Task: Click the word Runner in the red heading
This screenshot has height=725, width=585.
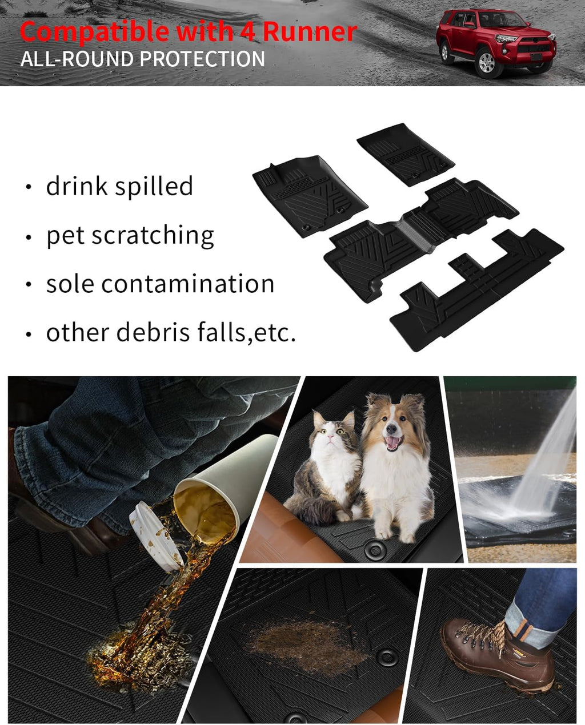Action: pyautogui.click(x=310, y=31)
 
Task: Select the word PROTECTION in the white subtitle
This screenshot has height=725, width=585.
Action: pyautogui.click(x=202, y=59)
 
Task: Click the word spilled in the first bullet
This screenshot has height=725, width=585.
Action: pyautogui.click(x=154, y=186)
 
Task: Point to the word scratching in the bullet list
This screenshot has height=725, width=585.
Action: pyautogui.click(x=153, y=235)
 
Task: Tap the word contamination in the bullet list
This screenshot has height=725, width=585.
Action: pyautogui.click(x=187, y=284)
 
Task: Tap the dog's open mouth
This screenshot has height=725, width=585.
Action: pyautogui.click(x=393, y=443)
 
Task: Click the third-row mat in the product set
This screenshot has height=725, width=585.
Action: pyautogui.click(x=476, y=290)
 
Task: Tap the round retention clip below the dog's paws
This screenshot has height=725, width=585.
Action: pyautogui.click(x=374, y=549)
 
